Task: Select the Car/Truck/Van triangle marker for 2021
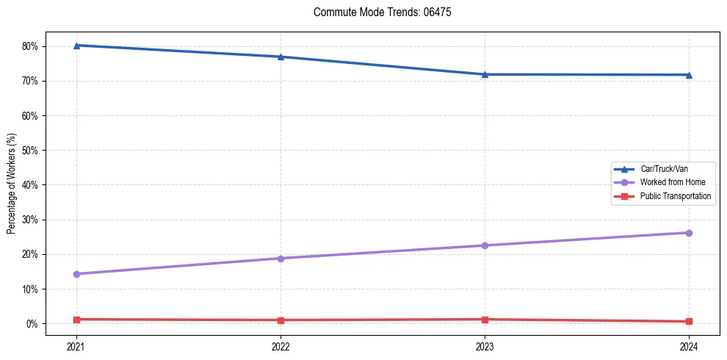(x=76, y=46)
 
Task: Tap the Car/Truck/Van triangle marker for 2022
(x=281, y=57)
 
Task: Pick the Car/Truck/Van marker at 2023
(x=485, y=74)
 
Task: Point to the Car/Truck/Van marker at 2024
(x=689, y=75)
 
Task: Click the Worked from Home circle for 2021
(x=76, y=274)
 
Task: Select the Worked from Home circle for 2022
(x=281, y=259)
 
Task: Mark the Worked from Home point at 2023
(x=485, y=245)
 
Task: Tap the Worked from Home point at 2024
(x=689, y=233)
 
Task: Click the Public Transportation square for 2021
(x=76, y=320)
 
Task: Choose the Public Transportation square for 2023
(x=485, y=320)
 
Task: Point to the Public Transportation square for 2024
(x=689, y=322)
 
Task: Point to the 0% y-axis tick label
(x=32, y=324)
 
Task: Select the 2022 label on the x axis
(x=281, y=346)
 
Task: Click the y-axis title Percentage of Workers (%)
(x=12, y=184)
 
